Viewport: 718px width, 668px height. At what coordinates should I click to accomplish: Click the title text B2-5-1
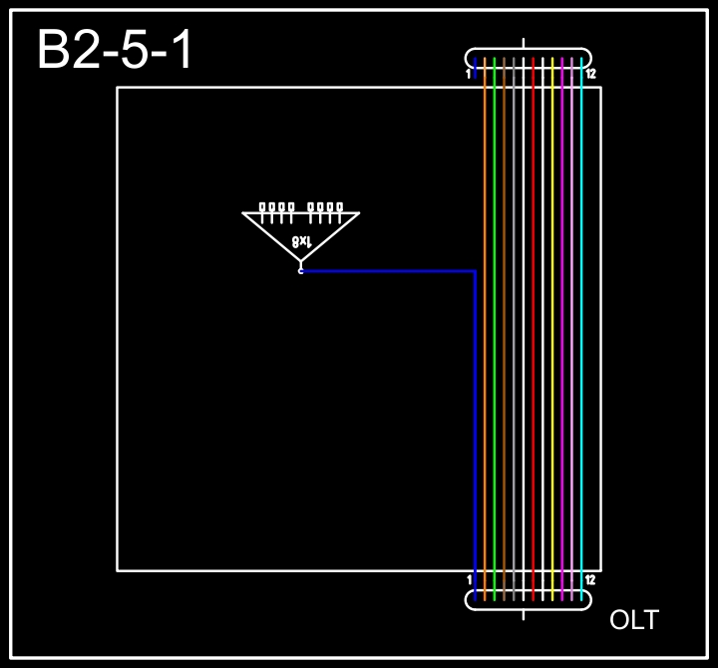click(114, 50)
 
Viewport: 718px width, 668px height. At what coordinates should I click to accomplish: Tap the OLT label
click(634, 620)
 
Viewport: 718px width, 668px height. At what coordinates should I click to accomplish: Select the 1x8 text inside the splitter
click(302, 241)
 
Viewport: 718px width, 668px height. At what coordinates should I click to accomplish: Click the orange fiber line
click(485, 329)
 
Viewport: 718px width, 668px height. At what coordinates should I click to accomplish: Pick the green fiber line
click(494, 329)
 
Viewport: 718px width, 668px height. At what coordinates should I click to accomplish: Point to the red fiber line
click(533, 329)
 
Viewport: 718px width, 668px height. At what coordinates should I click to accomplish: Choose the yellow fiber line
click(552, 329)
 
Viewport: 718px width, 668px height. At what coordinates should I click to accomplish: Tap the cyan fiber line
click(581, 329)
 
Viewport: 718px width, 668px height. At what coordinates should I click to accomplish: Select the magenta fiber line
click(562, 329)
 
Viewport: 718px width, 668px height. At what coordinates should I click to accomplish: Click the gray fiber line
click(514, 329)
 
